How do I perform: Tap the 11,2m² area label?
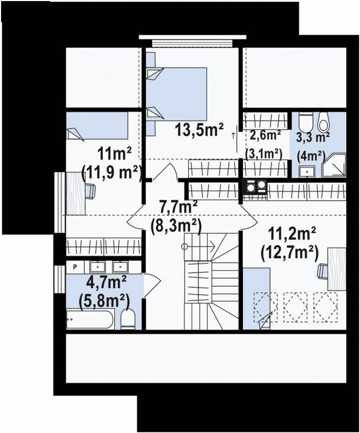(292, 234)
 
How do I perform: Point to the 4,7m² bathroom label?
(106, 282)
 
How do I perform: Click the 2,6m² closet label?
(265, 135)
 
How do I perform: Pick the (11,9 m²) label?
(112, 173)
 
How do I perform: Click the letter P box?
(75, 267)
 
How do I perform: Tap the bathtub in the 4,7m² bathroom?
(90, 319)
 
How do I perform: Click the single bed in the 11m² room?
(97, 125)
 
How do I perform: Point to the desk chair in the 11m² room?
(91, 190)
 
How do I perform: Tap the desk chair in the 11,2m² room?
(323, 271)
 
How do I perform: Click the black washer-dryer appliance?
(255, 188)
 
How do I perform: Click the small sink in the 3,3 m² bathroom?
(307, 172)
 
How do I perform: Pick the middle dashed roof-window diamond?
(296, 306)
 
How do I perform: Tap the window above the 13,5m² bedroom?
(192, 41)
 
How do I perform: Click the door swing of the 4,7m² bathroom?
(152, 286)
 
